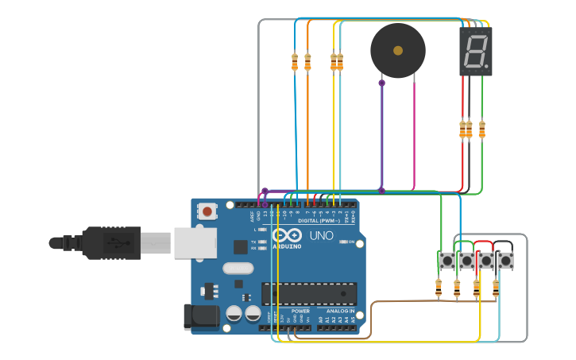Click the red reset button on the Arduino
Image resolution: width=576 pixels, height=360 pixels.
(207, 211)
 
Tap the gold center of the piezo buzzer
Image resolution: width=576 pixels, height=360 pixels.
(397, 51)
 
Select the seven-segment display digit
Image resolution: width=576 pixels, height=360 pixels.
(475, 52)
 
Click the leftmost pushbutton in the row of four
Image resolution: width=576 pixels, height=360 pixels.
(446, 260)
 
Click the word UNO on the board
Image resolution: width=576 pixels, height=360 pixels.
(321, 236)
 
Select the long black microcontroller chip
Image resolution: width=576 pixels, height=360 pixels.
(309, 293)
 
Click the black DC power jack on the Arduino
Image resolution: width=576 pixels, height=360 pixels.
(200, 315)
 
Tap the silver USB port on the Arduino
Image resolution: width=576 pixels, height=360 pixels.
(195, 242)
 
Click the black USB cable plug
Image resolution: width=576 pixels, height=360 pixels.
(112, 242)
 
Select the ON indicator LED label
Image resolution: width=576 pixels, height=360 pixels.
(350, 242)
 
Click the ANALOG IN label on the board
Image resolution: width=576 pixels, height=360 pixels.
(341, 311)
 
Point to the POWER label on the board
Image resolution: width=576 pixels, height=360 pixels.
(300, 311)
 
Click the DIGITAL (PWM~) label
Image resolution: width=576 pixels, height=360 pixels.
(326, 220)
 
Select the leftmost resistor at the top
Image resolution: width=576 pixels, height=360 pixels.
(295, 62)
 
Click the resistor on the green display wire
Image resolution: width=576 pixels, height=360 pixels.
(481, 130)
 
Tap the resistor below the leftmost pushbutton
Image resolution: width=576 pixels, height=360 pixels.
(439, 288)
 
